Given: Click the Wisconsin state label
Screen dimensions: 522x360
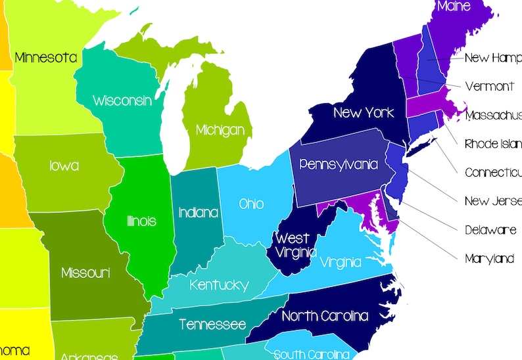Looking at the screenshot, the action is [x=122, y=101].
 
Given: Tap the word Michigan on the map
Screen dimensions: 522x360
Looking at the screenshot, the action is [x=220, y=130].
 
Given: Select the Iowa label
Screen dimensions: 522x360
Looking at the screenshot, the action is [x=64, y=166].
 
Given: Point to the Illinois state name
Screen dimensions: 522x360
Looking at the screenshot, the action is [x=141, y=221].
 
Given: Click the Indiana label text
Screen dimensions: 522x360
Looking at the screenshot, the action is [x=198, y=213].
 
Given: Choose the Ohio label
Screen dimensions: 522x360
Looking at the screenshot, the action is [x=251, y=204].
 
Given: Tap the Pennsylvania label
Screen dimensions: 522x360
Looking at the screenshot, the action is [x=339, y=164].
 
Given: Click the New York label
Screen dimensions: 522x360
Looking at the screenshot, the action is [x=364, y=112].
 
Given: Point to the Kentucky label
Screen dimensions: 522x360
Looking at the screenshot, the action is [x=219, y=285].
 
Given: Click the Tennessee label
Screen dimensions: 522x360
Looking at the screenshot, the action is [x=212, y=325].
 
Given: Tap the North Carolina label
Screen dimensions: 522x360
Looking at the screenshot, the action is [x=325, y=316].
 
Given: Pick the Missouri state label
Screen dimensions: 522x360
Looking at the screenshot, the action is [x=85, y=272].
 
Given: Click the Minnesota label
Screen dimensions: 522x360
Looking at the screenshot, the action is [x=45, y=58].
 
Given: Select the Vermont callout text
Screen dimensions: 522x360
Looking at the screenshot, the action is [x=489, y=86].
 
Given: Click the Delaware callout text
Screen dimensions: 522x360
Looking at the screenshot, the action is [x=490, y=230].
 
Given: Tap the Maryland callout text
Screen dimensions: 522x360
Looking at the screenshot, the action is [x=489, y=259].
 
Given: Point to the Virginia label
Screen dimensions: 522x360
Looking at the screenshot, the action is [x=341, y=263].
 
